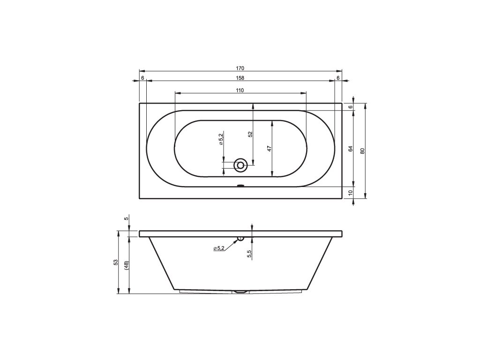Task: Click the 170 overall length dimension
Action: [240, 68]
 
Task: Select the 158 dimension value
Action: [240, 78]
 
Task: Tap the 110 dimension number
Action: [240, 90]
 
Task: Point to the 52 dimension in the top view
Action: [250, 134]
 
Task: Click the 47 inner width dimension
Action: [270, 149]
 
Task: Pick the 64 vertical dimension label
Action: [351, 149]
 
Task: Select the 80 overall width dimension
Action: [363, 151]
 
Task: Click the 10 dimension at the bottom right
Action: [351, 193]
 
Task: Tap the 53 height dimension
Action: [115, 262]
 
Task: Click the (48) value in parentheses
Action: [127, 265]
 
